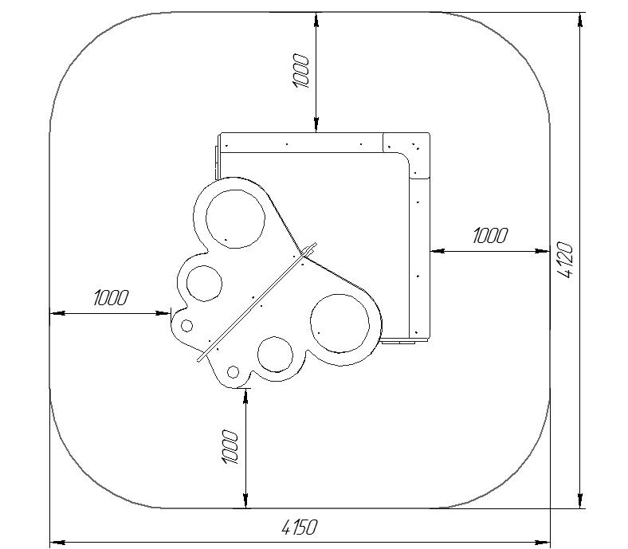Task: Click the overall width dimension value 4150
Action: [299, 527]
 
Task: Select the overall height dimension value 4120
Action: [566, 260]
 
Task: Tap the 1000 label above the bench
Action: [300, 71]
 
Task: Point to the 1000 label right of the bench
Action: [490, 236]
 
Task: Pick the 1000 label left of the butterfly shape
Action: [111, 298]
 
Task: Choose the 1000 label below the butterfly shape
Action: [230, 447]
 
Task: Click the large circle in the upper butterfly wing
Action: [235, 218]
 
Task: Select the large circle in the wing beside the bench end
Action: [340, 324]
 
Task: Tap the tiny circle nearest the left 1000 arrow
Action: [186, 326]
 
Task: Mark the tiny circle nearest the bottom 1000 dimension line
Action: [233, 372]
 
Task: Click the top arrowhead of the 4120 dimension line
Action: [580, 20]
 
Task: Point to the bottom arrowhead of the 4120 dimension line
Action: [580, 500]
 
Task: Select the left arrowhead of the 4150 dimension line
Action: [57, 542]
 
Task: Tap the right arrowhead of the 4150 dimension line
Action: [542, 542]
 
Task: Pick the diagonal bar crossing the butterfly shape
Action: [257, 302]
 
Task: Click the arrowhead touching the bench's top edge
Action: [316, 124]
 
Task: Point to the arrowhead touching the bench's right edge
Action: [438, 251]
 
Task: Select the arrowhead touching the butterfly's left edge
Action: [163, 313]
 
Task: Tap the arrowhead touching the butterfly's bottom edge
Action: [245, 396]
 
